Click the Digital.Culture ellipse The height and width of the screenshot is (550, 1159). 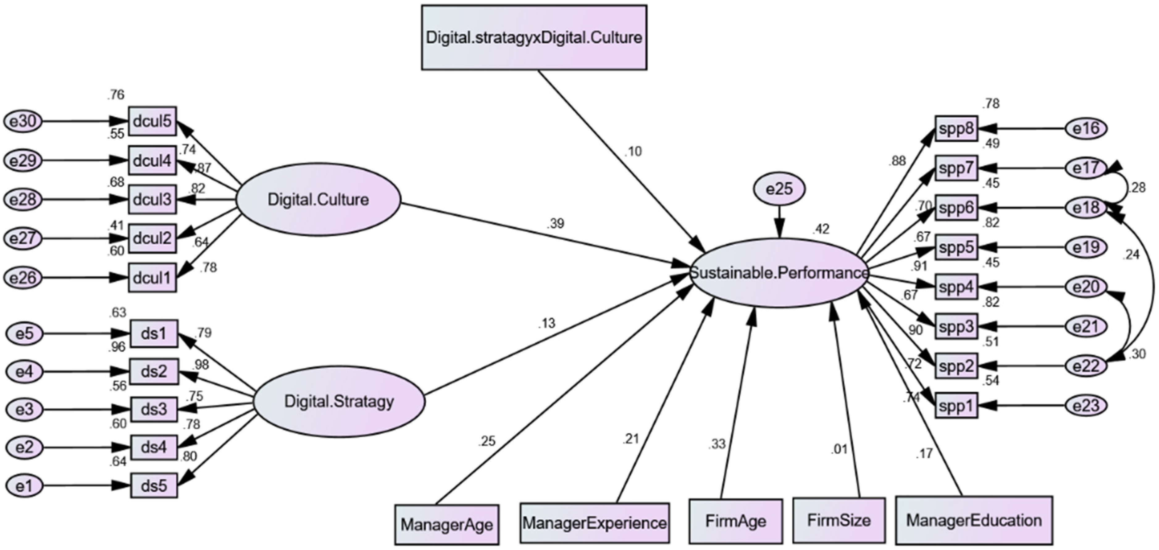tap(318, 199)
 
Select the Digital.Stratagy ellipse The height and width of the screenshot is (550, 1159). tap(339, 401)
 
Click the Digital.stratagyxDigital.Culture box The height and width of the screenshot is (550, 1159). tap(534, 37)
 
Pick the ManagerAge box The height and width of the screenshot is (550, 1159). tap(447, 524)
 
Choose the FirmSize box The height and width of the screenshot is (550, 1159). tap(839, 521)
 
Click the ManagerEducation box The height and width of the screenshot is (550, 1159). tap(974, 520)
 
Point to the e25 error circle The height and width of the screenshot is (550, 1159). tap(779, 189)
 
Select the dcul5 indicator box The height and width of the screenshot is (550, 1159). tap(152, 121)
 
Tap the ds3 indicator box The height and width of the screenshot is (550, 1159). tap(154, 409)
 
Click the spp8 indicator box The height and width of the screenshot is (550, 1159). tap(956, 129)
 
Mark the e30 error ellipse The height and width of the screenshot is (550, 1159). tap(23, 122)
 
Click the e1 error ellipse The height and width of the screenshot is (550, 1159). tap(25, 486)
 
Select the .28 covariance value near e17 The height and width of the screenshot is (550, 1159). tap(1137, 188)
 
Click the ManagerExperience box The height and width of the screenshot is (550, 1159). tap(594, 523)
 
